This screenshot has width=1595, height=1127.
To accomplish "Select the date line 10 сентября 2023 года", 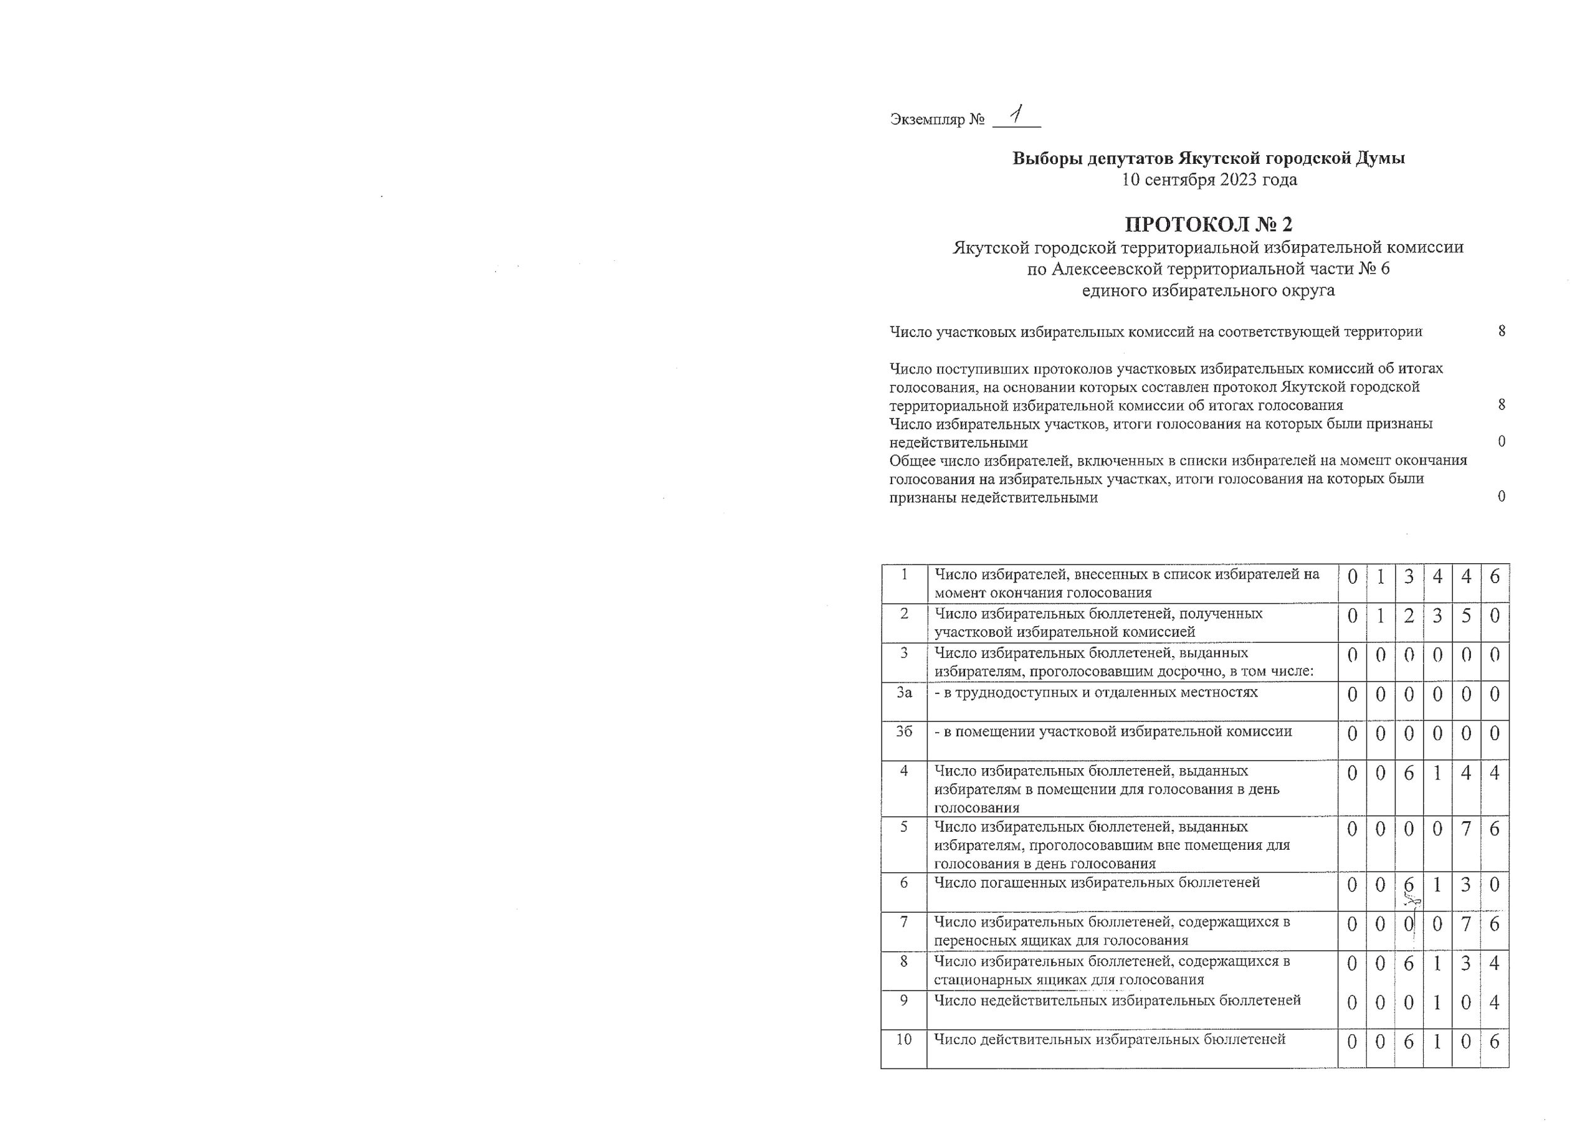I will (1209, 180).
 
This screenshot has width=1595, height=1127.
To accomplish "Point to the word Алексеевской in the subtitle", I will (1108, 269).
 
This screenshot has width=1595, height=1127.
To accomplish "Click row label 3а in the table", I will (903, 693).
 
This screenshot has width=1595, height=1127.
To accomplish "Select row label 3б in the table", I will (903, 731).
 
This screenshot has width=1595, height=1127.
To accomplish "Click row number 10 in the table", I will (903, 1039).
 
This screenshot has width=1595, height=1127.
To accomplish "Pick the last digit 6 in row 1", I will (1494, 577).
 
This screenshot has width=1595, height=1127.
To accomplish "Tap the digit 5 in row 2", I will (1466, 616).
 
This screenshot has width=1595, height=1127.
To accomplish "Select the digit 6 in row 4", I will (1408, 773).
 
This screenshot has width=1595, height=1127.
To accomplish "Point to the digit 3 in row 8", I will (1466, 963).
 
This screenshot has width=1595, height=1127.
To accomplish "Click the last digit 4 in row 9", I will (1494, 1002).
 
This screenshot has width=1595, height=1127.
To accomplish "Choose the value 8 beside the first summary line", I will (1502, 331).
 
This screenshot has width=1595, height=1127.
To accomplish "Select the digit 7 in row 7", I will (1466, 924).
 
